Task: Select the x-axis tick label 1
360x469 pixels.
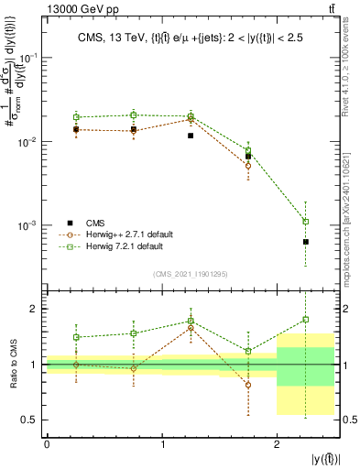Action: coord(162,443)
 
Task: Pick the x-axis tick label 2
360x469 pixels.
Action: coord(277,443)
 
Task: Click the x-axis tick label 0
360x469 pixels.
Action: coord(47,443)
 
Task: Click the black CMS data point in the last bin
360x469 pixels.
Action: coord(306,242)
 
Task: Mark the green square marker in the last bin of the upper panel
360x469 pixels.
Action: coord(306,222)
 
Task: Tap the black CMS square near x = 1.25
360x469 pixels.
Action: coord(191,136)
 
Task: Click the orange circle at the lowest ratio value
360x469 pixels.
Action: coord(248,385)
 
